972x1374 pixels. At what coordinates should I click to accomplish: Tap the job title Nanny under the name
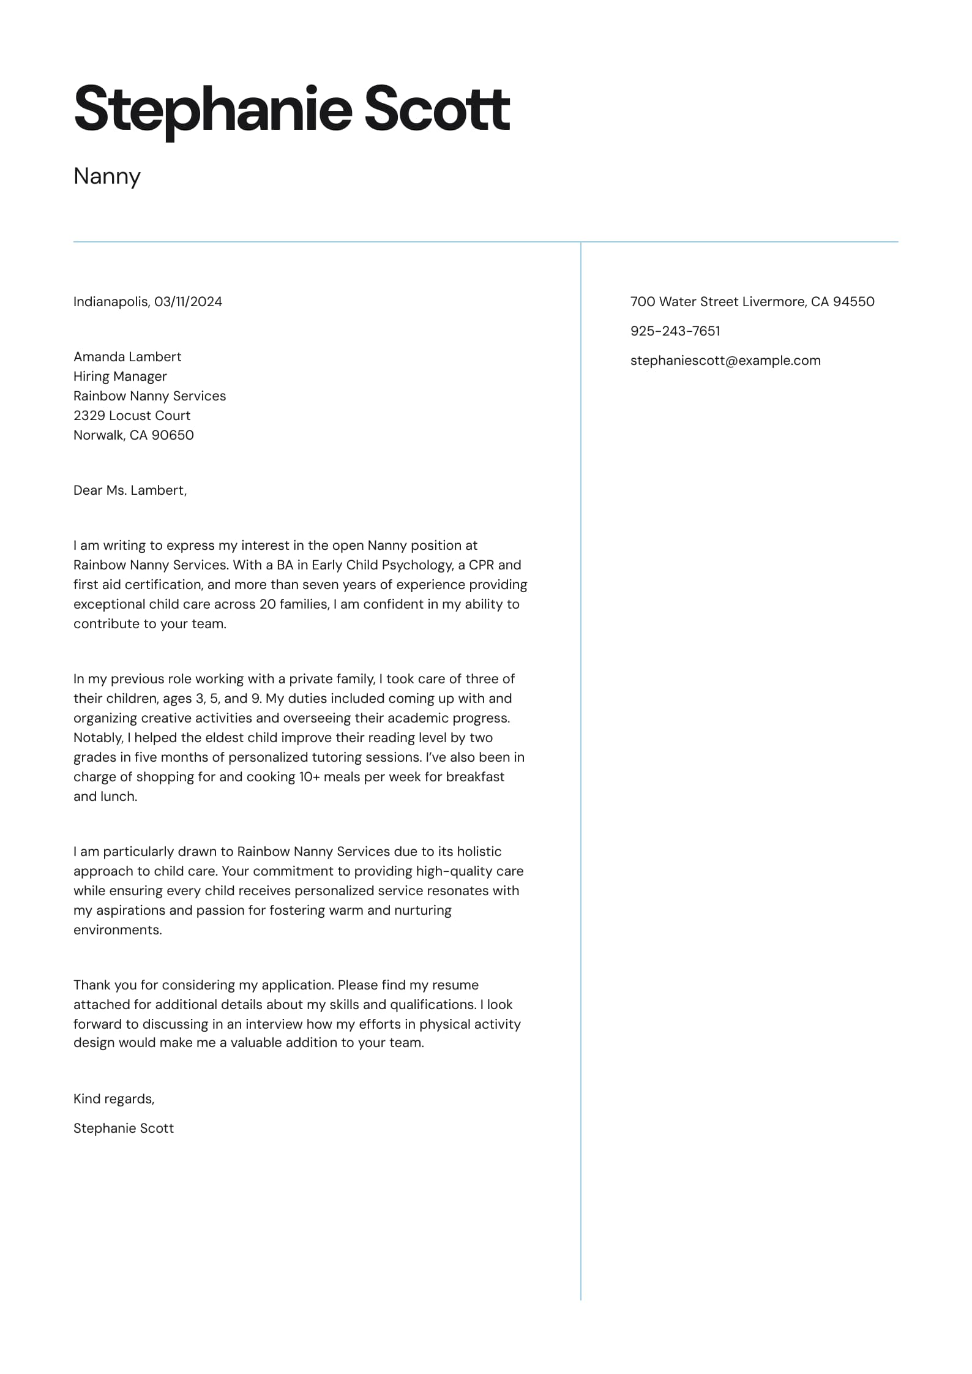[107, 176]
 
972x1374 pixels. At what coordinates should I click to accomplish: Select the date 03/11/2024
[188, 301]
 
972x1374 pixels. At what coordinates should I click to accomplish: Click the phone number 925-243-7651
[675, 331]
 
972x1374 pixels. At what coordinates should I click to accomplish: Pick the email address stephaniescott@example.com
[725, 360]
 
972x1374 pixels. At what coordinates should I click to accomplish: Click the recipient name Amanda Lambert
[127, 356]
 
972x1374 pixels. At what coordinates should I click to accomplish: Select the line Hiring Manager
[120, 376]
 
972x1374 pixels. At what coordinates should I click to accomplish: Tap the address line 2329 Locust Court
[132, 415]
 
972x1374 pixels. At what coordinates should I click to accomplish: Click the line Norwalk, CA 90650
[133, 435]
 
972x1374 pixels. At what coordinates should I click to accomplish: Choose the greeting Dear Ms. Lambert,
[130, 490]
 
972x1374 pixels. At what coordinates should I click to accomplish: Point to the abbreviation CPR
[481, 565]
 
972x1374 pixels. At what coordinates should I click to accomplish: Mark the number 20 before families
[267, 604]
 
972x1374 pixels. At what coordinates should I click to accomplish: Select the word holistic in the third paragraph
[478, 851]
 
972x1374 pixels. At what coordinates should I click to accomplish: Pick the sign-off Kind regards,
[114, 1098]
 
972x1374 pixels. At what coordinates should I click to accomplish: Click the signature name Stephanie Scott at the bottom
[124, 1128]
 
